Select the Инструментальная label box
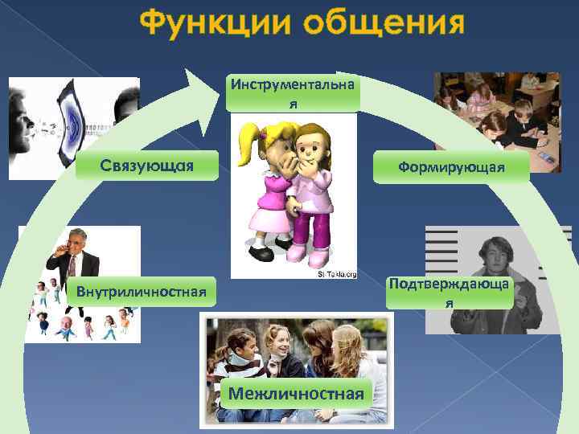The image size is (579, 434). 294,94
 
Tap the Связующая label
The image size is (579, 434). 146,166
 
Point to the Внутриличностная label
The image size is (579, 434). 142,290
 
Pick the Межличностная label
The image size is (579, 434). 295,394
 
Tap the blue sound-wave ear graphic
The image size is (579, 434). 72,125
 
